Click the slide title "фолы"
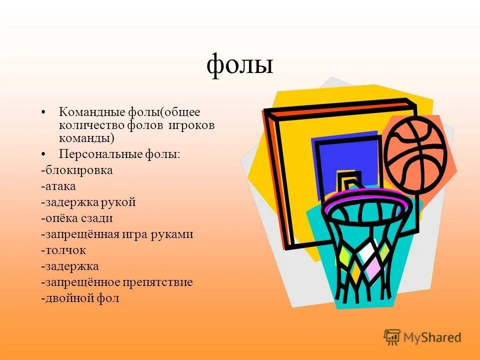point(240,65)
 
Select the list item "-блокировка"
point(77,170)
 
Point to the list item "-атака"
point(58,186)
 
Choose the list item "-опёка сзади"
point(77,218)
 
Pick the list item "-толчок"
point(63,250)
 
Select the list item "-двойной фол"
point(80,298)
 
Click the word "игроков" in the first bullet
point(193,125)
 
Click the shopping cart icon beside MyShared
point(392,336)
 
